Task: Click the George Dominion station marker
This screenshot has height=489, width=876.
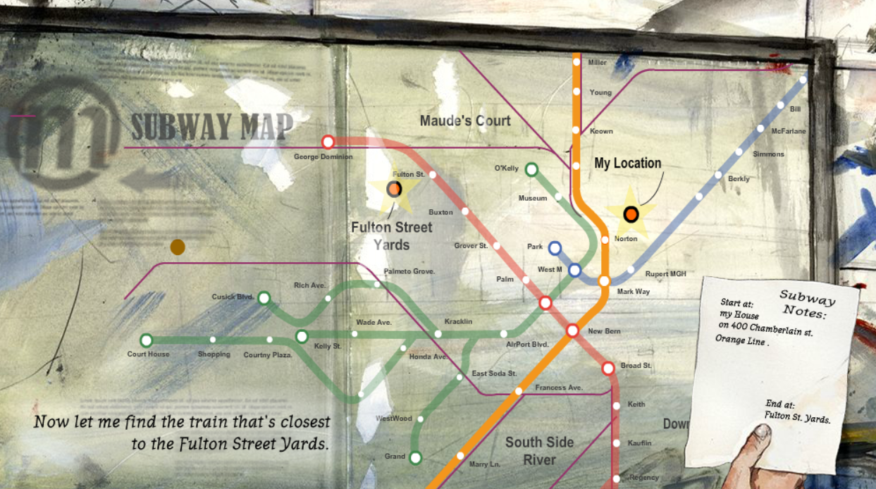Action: click(x=328, y=142)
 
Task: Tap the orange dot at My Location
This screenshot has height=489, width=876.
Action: click(x=631, y=214)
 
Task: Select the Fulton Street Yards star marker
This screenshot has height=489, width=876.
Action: click(x=394, y=189)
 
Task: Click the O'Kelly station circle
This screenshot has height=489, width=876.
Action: click(x=531, y=169)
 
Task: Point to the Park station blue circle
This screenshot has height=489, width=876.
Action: click(x=555, y=247)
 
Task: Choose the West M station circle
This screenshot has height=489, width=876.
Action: click(x=574, y=270)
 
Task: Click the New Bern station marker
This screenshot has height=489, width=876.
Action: click(x=572, y=330)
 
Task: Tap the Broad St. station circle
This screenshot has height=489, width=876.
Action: click(x=608, y=368)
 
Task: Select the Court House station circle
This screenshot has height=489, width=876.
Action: click(x=147, y=340)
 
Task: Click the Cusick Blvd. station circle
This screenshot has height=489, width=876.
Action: click(x=264, y=298)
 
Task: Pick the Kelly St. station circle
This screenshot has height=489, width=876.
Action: click(x=302, y=336)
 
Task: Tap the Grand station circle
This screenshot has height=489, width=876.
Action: click(x=415, y=458)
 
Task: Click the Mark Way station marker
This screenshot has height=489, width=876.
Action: click(x=604, y=281)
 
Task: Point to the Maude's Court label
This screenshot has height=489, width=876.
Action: click(x=465, y=120)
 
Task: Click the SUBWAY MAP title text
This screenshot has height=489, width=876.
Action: click(x=211, y=127)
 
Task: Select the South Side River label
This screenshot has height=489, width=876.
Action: click(x=539, y=451)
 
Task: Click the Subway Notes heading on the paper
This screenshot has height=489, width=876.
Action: click(x=807, y=303)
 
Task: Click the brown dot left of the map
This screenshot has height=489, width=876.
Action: click(x=178, y=247)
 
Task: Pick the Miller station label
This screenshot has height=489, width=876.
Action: click(x=597, y=63)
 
